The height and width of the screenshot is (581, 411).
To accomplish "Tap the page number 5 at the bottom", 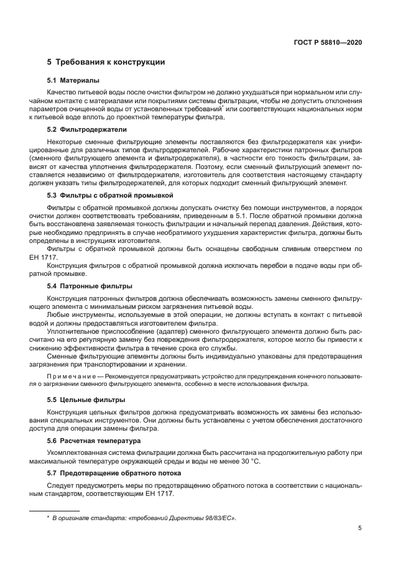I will [x=360, y=529].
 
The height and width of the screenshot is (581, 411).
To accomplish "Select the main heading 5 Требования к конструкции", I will [x=106, y=62].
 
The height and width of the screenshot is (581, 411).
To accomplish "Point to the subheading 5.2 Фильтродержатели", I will [x=87, y=129].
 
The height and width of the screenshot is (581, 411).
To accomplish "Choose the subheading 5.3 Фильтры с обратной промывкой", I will [x=110, y=195].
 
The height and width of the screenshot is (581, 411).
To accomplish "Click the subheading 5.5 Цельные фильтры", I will [x=86, y=399].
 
